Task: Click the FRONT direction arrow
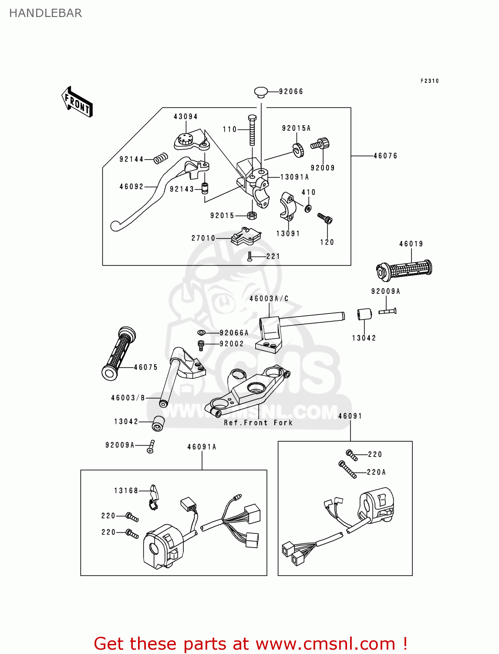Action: point(78,102)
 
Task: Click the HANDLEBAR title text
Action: point(45,13)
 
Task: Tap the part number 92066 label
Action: point(291,92)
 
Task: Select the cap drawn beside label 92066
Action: point(261,92)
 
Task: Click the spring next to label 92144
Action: point(161,158)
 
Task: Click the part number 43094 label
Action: point(185,117)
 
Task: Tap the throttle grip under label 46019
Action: point(405,269)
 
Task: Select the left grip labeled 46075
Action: point(118,353)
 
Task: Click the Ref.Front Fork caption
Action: point(258,423)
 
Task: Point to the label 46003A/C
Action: point(269,299)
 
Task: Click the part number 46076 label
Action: point(385,156)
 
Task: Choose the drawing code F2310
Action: point(429,81)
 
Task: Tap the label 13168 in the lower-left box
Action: point(126,491)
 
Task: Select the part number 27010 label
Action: point(203,238)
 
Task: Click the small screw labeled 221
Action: point(250,256)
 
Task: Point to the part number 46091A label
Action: point(202,447)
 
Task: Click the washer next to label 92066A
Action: point(201,333)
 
